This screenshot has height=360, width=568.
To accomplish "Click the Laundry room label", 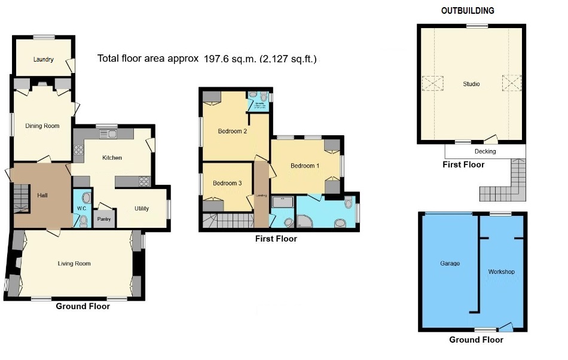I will tap(44, 59).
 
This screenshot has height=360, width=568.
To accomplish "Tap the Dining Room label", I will tap(42, 126).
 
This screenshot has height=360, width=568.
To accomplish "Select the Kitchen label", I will tap(112, 158).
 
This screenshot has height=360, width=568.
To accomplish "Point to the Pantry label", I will tap(105, 219).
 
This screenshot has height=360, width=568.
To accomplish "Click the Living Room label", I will tap(74, 263).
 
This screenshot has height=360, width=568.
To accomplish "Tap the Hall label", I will tap(42, 195).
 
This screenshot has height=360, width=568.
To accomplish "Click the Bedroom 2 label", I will tap(233, 132).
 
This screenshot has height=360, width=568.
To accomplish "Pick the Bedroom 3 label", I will tap(227, 183).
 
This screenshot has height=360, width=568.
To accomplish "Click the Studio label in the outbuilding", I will tap(471, 84).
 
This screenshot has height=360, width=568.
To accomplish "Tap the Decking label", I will tap(484, 151).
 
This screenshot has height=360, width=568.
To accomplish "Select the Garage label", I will tap(450, 263).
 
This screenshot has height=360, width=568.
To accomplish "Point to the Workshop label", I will tap(501, 271).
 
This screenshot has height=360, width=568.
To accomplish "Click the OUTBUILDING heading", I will tap(468, 11).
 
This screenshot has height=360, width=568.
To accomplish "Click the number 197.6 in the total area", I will tap(218, 59).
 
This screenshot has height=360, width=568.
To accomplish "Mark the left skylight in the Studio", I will tap(433, 83).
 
